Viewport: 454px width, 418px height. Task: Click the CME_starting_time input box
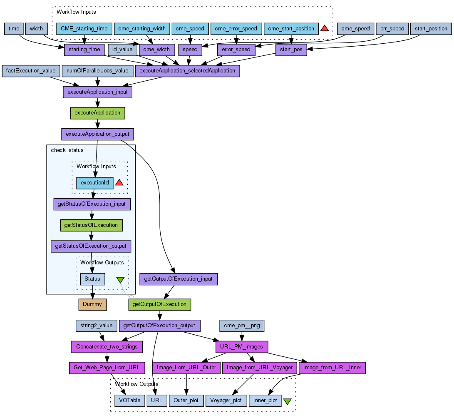click(x=84, y=29)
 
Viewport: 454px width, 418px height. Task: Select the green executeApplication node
click(x=97, y=113)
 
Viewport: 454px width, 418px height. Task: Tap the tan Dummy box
click(x=92, y=304)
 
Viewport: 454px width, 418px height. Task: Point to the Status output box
click(x=92, y=279)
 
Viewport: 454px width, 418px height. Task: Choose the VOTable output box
click(x=129, y=401)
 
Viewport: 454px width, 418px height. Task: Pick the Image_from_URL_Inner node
click(x=332, y=368)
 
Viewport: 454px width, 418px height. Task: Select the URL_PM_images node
click(x=242, y=346)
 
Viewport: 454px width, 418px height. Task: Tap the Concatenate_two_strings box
click(x=107, y=346)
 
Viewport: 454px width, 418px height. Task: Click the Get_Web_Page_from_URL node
click(x=107, y=368)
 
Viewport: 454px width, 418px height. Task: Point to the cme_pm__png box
click(x=242, y=326)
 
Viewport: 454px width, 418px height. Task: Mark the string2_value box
click(x=97, y=326)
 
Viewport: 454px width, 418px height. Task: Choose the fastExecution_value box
click(x=31, y=71)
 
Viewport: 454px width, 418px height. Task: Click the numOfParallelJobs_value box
click(x=98, y=71)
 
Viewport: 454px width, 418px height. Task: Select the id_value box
click(x=122, y=50)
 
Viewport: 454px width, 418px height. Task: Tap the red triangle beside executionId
click(x=119, y=182)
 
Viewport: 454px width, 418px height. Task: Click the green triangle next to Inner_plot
click(x=287, y=401)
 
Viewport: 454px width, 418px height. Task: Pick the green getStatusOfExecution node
click(x=91, y=225)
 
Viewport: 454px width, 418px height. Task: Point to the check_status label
click(x=67, y=150)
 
